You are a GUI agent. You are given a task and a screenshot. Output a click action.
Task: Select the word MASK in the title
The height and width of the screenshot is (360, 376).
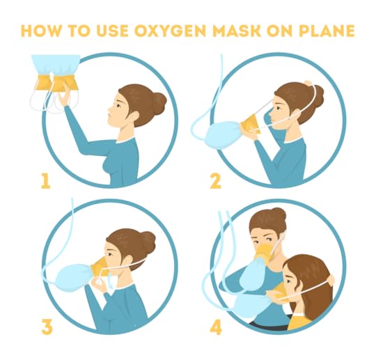coord(237,31)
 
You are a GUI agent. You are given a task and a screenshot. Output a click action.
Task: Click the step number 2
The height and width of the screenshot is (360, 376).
coord(216,181)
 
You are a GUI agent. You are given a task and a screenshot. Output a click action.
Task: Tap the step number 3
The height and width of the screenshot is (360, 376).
coord(47,327)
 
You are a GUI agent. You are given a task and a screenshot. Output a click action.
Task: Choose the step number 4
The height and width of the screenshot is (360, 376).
coord(216,327)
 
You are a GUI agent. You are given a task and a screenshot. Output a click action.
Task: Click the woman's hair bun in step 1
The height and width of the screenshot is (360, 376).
coord(159,100)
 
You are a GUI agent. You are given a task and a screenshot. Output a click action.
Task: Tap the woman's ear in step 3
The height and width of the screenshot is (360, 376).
coord(127,260)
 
